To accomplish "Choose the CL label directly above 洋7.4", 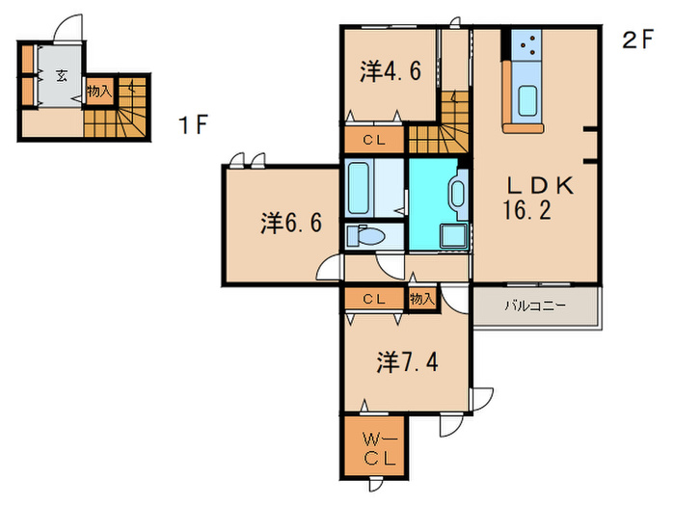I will coord(375,300).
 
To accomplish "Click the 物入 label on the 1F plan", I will coord(98,92).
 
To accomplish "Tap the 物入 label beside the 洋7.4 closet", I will coord(421,300).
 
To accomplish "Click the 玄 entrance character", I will coord(61,77).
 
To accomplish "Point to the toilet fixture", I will coord(367,235).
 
